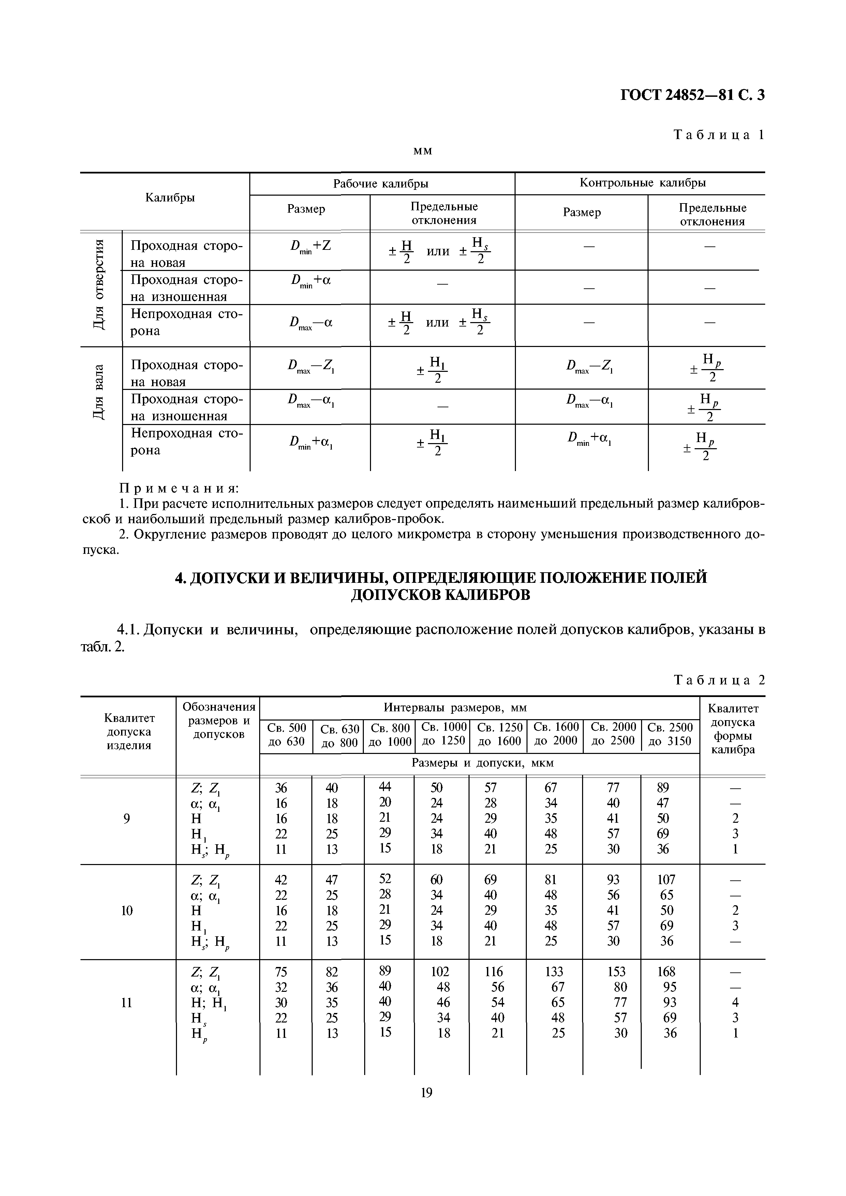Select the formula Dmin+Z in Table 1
(310, 246)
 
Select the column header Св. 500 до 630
(286, 734)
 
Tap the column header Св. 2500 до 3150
(670, 734)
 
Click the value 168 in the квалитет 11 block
(666, 971)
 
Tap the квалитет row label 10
(127, 910)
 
